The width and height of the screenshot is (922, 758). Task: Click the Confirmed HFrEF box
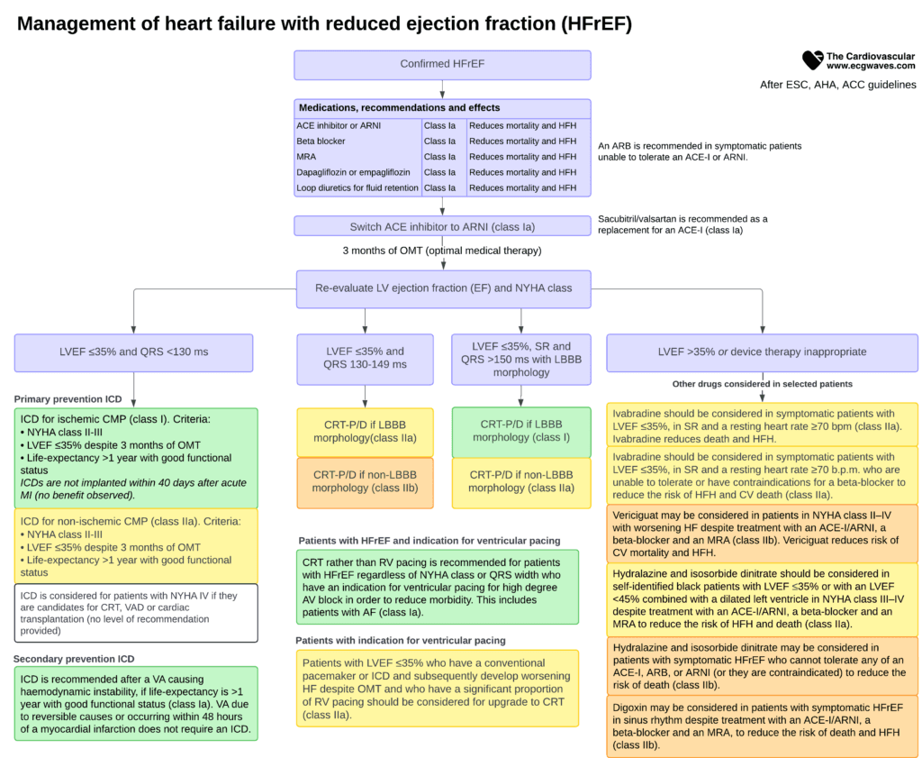pyautogui.click(x=442, y=65)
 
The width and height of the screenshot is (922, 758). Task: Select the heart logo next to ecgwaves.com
pyautogui.click(x=813, y=60)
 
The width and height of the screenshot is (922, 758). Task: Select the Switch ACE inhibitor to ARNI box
pyautogui.click(x=442, y=226)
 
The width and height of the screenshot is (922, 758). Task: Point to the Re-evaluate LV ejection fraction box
pyautogui.click(x=443, y=288)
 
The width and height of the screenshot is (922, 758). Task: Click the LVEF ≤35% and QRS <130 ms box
pyautogui.click(x=133, y=352)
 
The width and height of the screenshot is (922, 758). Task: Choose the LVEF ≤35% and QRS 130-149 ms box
pyautogui.click(x=365, y=359)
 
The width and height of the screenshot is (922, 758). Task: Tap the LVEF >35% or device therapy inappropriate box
pyautogui.click(x=762, y=352)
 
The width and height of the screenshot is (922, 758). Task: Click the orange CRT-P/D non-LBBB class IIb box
pyautogui.click(x=365, y=482)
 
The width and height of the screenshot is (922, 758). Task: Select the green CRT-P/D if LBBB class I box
pyautogui.click(x=521, y=432)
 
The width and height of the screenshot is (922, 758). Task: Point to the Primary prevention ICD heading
pyautogui.click(x=68, y=399)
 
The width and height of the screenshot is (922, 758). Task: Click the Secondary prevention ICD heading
pyautogui.click(x=74, y=659)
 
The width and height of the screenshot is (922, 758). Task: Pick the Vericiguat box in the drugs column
pyautogui.click(x=762, y=534)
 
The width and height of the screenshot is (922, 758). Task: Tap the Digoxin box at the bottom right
pyautogui.click(x=762, y=726)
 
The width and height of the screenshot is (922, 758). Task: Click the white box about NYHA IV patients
pyautogui.click(x=136, y=613)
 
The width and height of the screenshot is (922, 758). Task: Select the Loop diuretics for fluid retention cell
pyautogui.click(x=358, y=188)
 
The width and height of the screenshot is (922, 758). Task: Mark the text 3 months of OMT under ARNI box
pyautogui.click(x=442, y=251)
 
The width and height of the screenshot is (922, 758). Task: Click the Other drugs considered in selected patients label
pyautogui.click(x=762, y=384)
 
